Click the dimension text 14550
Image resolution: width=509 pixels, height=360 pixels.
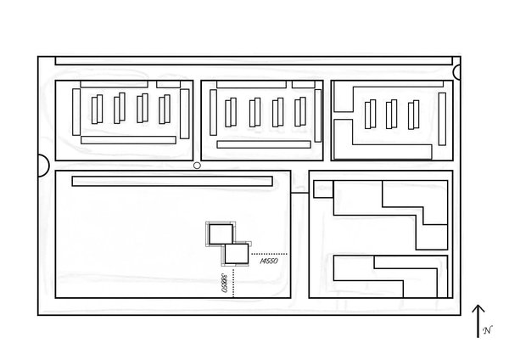coord(271,263)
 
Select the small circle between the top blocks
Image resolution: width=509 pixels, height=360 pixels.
coord(197,166)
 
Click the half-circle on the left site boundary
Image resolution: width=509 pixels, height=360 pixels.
coord(43,166)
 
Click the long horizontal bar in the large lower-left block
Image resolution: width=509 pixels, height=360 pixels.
coord(172,181)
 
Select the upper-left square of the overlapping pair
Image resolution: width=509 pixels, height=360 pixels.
coord(219,234)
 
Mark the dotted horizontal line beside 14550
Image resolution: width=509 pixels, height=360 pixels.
coord(269,253)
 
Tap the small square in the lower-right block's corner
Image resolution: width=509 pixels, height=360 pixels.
coord(322,188)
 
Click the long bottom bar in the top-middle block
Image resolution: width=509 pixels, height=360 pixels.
coord(264,144)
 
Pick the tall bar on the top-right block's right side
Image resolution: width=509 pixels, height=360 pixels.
coord(442,118)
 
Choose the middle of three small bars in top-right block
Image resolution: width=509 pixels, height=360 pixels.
coord(391,113)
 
